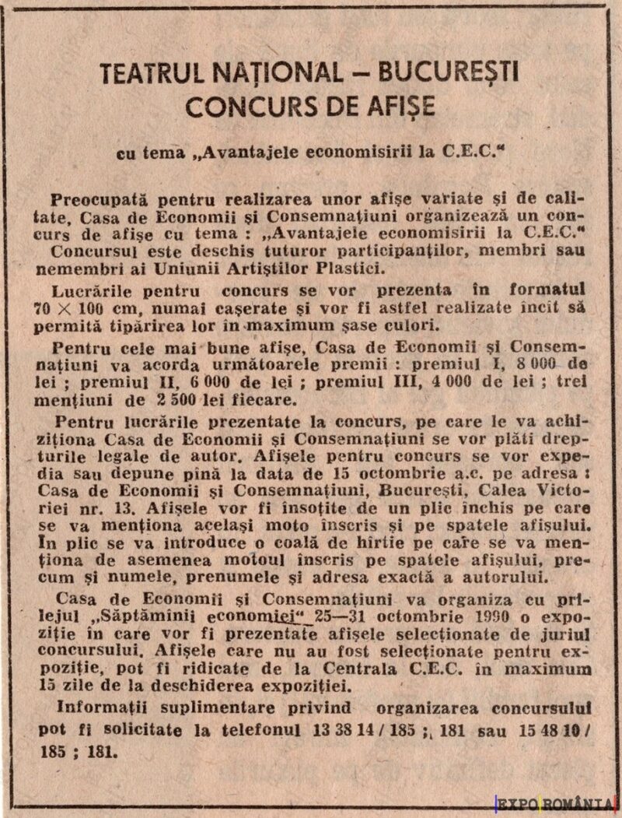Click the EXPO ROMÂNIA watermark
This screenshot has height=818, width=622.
(555, 801)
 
